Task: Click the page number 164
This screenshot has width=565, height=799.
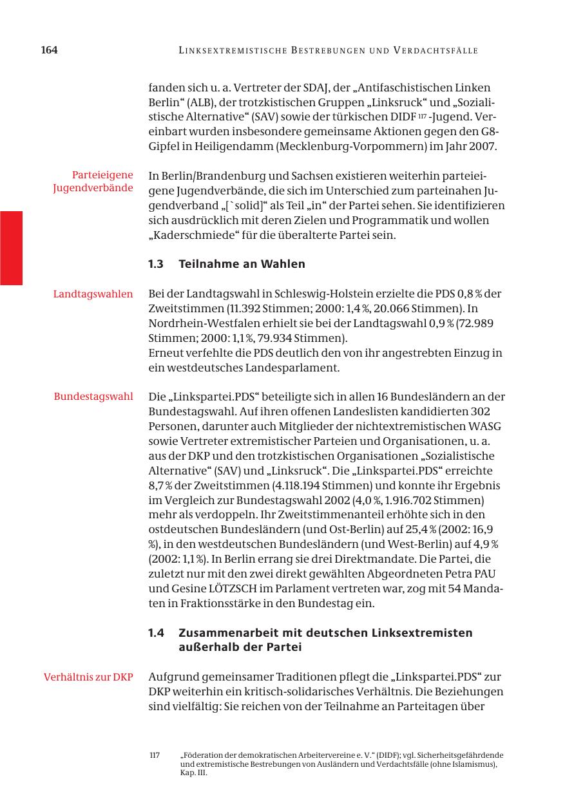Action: coord(50,50)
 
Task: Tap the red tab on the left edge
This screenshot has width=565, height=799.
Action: coord(11,248)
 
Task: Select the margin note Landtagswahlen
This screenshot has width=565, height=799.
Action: coord(93,294)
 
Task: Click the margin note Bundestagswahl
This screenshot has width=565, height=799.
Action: coord(94,396)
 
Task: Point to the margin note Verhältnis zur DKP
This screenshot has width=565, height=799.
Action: coord(89,677)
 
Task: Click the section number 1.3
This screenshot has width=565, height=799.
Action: coord(157,264)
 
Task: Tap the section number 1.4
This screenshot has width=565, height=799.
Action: coord(157,633)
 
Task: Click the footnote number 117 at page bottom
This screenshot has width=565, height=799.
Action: coord(155,755)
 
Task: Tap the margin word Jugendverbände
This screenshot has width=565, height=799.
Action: coord(93,187)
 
